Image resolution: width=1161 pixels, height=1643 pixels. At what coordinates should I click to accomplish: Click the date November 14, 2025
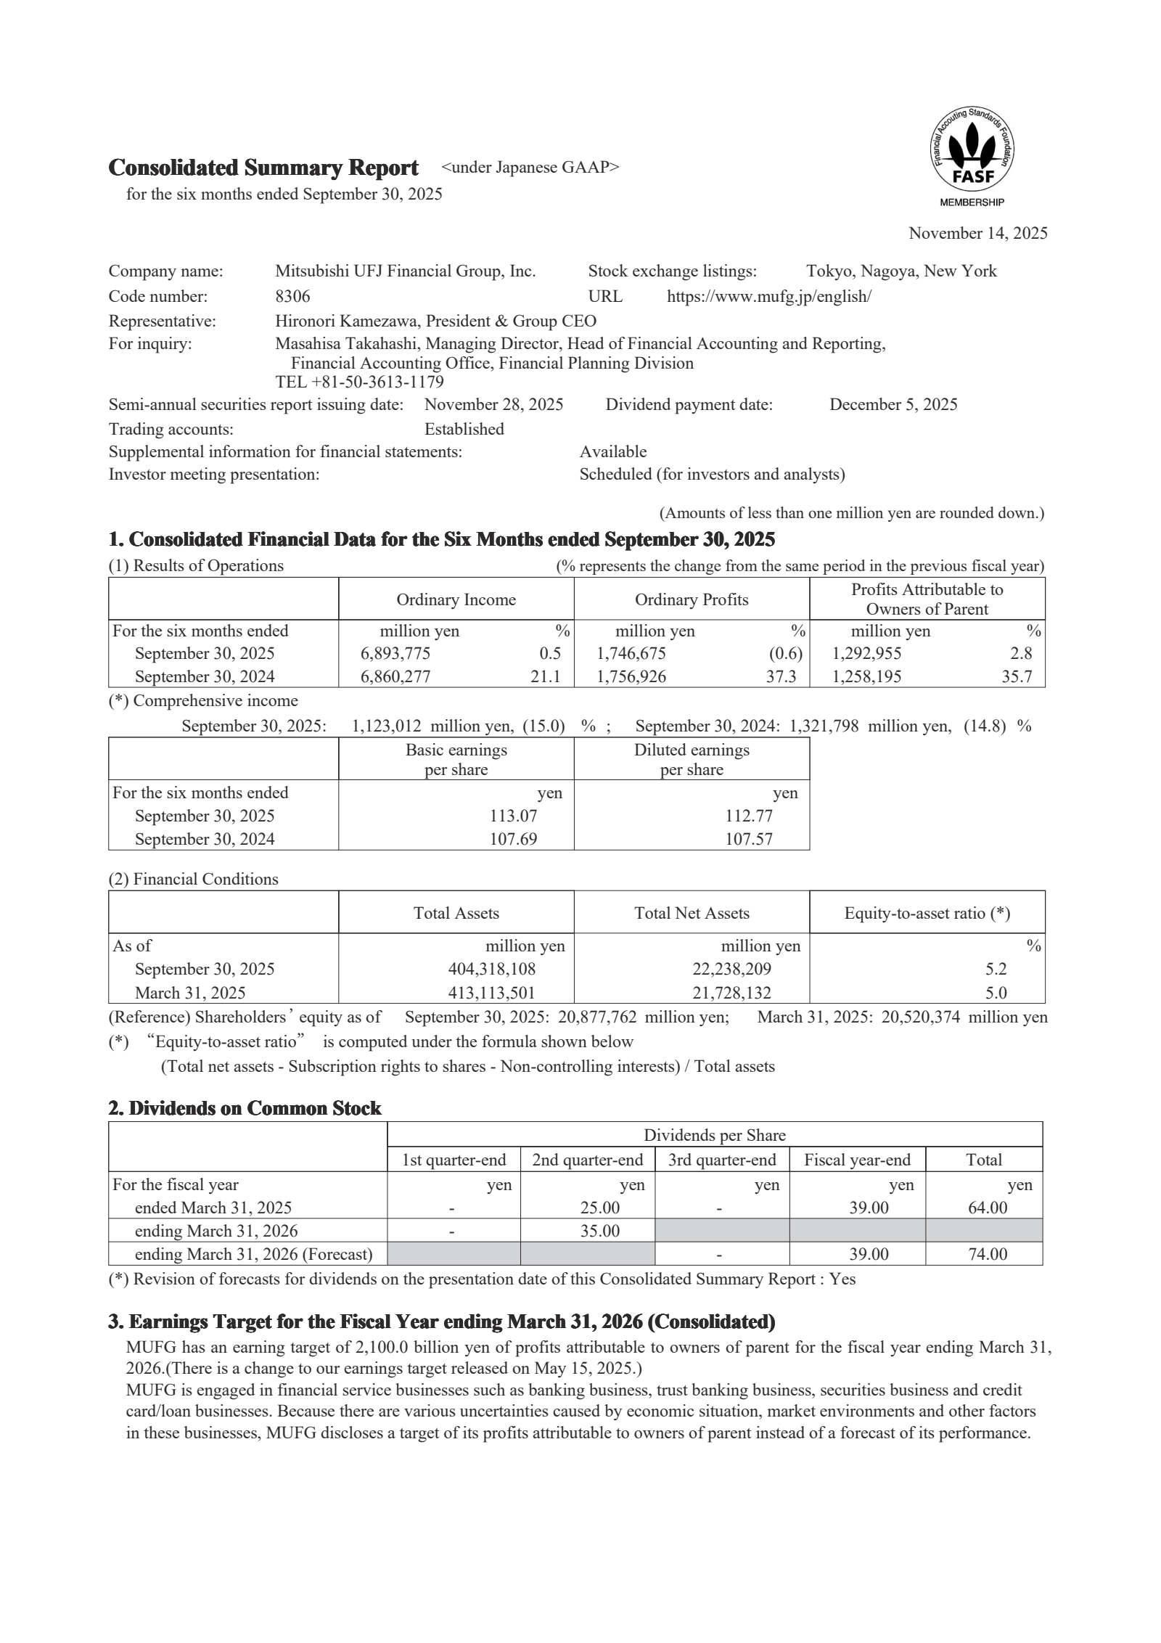(977, 233)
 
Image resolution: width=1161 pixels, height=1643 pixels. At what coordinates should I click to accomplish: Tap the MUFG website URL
(768, 296)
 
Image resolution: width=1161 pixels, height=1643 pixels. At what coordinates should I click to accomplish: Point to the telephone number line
(359, 382)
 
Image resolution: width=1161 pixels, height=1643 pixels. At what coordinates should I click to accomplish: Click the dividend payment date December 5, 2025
(893, 404)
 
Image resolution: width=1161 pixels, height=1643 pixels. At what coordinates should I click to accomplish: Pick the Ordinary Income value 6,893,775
(395, 653)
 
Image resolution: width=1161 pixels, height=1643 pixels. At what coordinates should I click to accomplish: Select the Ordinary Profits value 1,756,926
(631, 676)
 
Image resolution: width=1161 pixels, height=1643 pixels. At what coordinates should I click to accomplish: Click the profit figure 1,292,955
(866, 653)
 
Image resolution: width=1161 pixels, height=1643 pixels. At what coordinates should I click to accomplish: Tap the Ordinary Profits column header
(691, 599)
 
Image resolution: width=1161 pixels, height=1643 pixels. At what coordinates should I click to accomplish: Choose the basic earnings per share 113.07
(514, 816)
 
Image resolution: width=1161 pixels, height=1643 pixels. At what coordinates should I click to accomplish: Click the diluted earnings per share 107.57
(749, 839)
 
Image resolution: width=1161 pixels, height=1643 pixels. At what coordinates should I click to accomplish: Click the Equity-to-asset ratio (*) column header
(927, 913)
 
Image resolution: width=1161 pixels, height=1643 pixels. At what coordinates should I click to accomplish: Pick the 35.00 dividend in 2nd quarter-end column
(599, 1231)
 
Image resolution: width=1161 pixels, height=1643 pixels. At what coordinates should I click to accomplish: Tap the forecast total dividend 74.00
(988, 1254)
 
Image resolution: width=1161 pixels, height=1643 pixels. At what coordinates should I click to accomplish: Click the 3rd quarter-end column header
(721, 1160)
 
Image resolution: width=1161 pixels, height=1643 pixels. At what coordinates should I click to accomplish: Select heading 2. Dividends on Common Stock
(245, 1108)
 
